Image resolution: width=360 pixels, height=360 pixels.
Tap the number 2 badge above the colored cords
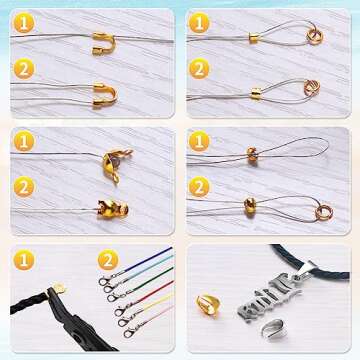107,260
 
